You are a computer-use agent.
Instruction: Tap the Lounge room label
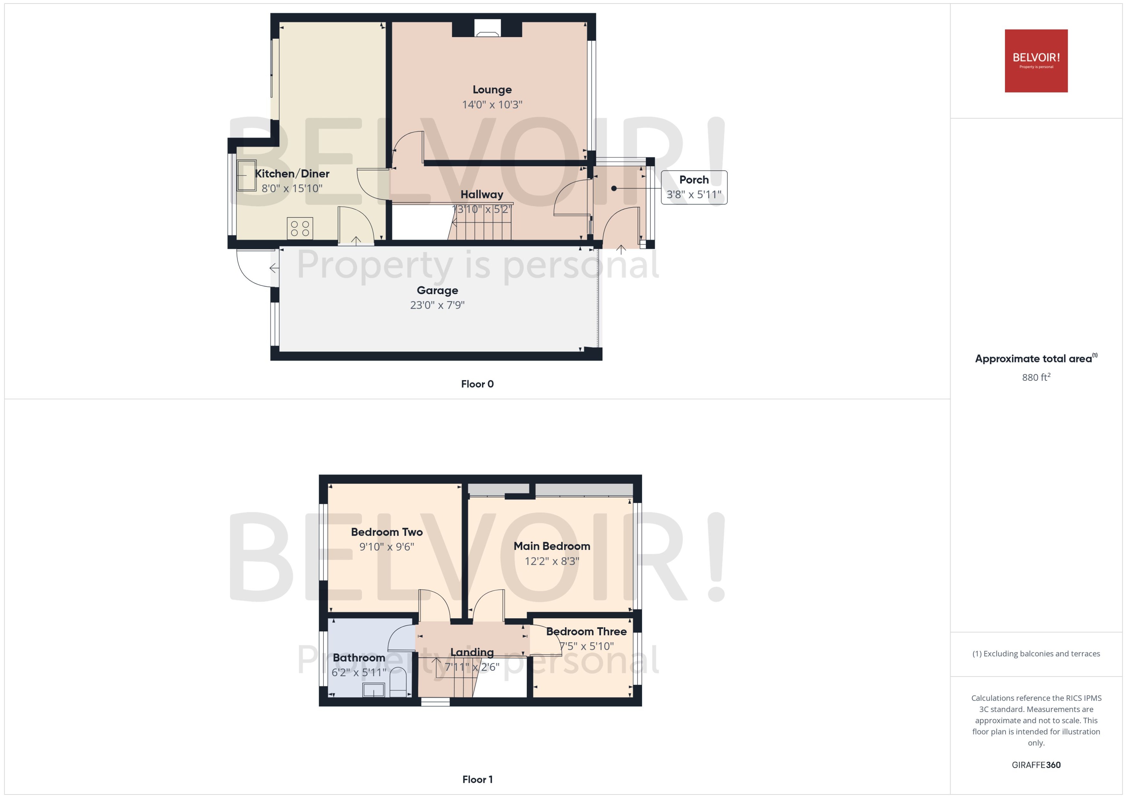[x=492, y=90]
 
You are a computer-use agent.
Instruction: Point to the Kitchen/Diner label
[x=292, y=173]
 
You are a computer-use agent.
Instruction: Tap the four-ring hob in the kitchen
[x=299, y=228]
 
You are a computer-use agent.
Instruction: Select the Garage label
[x=437, y=290]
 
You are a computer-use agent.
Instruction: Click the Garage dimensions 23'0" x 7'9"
[x=437, y=305]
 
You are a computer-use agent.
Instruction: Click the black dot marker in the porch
[x=614, y=188]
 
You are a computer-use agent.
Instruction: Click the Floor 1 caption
[x=477, y=779]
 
